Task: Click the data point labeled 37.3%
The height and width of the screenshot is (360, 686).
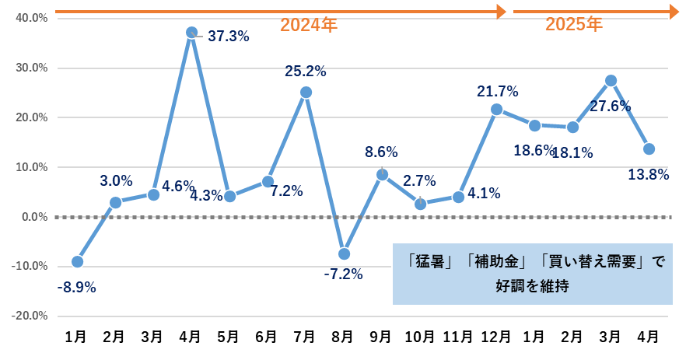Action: (x=191, y=33)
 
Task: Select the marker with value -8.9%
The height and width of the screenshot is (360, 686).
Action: (x=77, y=261)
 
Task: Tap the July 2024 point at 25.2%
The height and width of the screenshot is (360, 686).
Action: (x=306, y=93)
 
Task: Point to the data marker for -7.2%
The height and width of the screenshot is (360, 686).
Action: (x=344, y=253)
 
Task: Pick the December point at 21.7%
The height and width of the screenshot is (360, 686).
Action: (x=496, y=110)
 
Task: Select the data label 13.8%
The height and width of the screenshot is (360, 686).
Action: (x=649, y=175)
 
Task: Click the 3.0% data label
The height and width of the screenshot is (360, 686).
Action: (x=116, y=181)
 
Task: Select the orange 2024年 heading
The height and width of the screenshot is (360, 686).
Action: (x=309, y=26)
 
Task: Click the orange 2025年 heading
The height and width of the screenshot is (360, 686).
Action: (x=573, y=25)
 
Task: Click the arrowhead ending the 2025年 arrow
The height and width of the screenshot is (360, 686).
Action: (x=674, y=11)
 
